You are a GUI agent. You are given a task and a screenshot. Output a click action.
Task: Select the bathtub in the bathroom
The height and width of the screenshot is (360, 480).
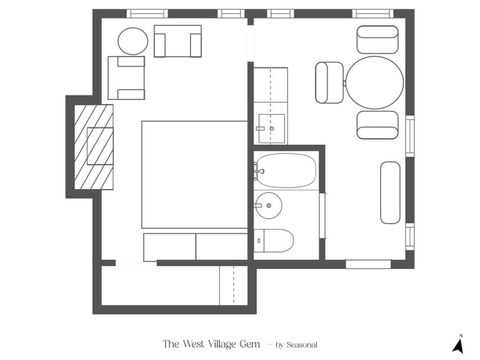pos(286,171)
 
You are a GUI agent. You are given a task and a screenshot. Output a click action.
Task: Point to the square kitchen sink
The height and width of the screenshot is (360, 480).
pos(272,128)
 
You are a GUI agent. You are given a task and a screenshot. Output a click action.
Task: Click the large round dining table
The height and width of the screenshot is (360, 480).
pos(375,82)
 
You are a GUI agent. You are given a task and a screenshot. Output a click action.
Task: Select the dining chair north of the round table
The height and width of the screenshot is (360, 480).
pos(377,40)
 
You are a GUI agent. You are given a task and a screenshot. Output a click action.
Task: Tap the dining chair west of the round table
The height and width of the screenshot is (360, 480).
pos(330,82)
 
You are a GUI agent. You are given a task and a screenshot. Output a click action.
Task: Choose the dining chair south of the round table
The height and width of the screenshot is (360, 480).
pos(377,125)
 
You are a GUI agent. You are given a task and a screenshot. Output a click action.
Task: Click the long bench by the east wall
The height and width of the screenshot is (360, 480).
pos(390,193)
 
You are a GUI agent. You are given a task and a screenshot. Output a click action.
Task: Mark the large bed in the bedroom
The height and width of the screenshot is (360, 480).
pos(195,175)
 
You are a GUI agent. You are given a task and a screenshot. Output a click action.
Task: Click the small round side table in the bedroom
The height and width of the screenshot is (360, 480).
pos(133,41)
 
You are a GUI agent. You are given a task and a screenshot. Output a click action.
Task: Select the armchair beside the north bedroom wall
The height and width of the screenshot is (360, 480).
pos(178,41)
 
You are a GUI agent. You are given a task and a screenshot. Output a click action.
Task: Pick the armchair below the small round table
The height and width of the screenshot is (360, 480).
pos(126,78)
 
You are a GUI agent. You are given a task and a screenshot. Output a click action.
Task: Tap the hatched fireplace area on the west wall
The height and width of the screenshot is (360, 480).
pos(94,147)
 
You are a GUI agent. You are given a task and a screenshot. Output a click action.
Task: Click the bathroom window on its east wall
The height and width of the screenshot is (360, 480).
pos(322,216)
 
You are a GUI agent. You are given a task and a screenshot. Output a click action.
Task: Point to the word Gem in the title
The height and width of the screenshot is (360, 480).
pos(250,344)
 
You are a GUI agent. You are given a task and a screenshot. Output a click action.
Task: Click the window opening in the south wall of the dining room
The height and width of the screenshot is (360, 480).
pos(368,264)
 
